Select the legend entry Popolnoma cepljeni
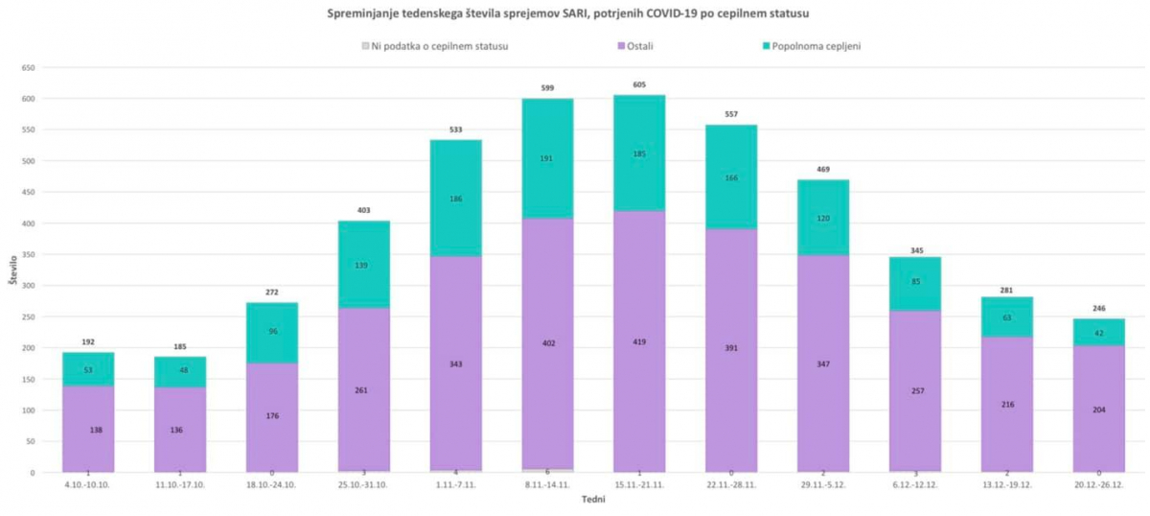click(x=811, y=45)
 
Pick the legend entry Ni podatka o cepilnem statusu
click(x=432, y=45)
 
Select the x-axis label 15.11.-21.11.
click(x=639, y=485)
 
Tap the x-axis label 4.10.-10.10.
click(x=88, y=485)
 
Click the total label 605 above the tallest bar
click(x=639, y=84)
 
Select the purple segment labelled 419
click(x=639, y=340)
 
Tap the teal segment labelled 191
click(x=547, y=158)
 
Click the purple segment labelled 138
click(x=88, y=429)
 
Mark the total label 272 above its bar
click(x=272, y=293)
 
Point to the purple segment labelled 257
click(x=915, y=391)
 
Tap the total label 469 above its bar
click(x=823, y=170)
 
